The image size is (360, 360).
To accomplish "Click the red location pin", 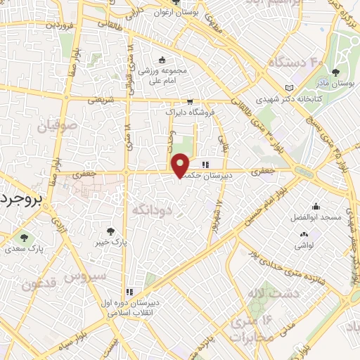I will tap(181, 165).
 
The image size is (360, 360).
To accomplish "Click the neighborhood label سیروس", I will tap(84, 276).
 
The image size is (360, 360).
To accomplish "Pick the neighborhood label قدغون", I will tap(38, 285).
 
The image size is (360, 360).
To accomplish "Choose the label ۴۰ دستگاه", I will tap(295, 63).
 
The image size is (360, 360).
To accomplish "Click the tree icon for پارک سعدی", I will tap(25, 237).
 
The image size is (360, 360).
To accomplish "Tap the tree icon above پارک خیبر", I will tap(110, 231).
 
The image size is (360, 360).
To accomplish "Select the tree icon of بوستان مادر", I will tap(335, 72).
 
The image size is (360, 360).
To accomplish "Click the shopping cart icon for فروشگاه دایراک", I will tap(189, 100).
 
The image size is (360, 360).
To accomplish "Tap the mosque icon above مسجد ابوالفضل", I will tap(316, 207).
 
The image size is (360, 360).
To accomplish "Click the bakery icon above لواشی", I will tap(304, 235).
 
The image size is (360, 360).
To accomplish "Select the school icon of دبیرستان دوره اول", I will tap(129, 291).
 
